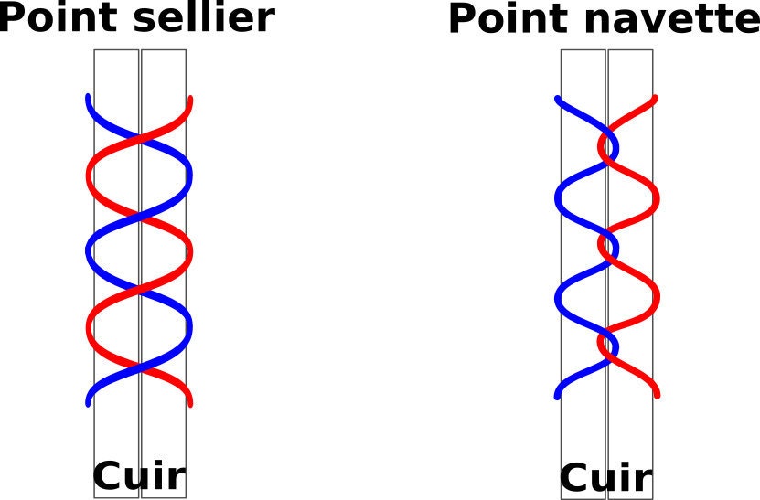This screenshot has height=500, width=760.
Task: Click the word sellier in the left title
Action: pyautogui.click(x=204, y=17)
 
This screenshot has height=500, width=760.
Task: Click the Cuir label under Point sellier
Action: pyautogui.click(x=139, y=475)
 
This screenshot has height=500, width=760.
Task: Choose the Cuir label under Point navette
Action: pyautogui.click(x=606, y=477)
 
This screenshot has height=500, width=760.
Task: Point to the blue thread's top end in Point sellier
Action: pyautogui.click(x=88, y=97)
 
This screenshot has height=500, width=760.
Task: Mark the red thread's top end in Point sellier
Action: pyautogui.click(x=190, y=99)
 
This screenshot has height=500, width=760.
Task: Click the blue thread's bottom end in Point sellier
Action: pyautogui.click(x=88, y=404)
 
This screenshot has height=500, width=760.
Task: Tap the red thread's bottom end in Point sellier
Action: pyautogui.click(x=190, y=404)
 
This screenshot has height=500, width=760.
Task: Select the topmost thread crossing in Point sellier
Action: pyautogui.click(x=140, y=138)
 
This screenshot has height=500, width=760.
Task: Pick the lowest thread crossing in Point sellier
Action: pyautogui.click(x=140, y=367)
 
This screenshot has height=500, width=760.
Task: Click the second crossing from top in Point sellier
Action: pyautogui.click(x=140, y=215)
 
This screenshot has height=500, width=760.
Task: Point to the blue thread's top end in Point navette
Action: pyautogui.click(x=557, y=99)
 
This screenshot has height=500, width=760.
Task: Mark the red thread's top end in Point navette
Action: pyautogui.click(x=656, y=98)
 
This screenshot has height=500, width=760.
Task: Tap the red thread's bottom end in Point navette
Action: pyautogui.click(x=658, y=396)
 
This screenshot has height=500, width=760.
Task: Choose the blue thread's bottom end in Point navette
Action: pyautogui.click(x=557, y=397)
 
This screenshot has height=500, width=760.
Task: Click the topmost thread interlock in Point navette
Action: pyautogui.click(x=608, y=147)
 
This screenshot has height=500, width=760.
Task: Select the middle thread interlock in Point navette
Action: pyautogui.click(x=608, y=247)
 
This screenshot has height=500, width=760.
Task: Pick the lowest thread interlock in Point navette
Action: pyautogui.click(x=608, y=346)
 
